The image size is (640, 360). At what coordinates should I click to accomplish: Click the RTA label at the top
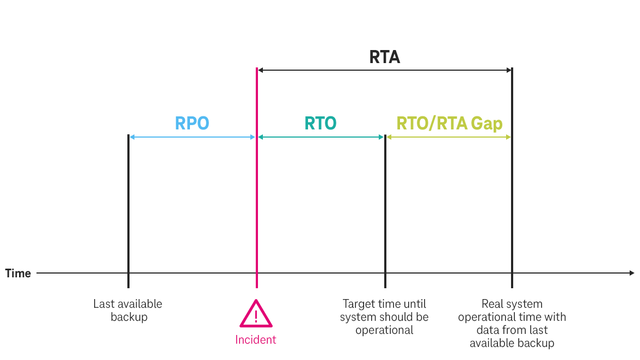pyautogui.click(x=384, y=57)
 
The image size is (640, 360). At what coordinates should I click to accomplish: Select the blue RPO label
pyautogui.click(x=192, y=123)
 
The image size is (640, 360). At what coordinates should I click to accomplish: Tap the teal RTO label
pyautogui.click(x=321, y=123)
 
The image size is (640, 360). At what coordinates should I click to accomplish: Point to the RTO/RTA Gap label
pyautogui.click(x=449, y=123)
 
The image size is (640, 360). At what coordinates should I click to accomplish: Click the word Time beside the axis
pyautogui.click(x=18, y=273)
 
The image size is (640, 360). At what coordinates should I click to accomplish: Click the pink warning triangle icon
pyautogui.click(x=256, y=314)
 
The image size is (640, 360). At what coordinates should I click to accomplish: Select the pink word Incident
pyautogui.click(x=256, y=340)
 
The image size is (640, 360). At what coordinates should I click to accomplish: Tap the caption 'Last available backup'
pyautogui.click(x=128, y=310)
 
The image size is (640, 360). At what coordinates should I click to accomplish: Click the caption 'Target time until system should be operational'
pyautogui.click(x=384, y=316)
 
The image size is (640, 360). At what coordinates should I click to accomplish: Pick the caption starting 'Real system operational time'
pyautogui.click(x=512, y=323)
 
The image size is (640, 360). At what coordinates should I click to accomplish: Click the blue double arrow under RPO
pyautogui.click(x=192, y=137)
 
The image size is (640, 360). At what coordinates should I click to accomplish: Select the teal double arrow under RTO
pyautogui.click(x=321, y=137)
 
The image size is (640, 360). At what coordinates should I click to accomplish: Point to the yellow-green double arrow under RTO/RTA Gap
pyautogui.click(x=449, y=137)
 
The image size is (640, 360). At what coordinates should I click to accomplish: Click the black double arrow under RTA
pyautogui.click(x=384, y=70)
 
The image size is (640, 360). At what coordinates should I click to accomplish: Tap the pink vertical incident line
pyautogui.click(x=256, y=207)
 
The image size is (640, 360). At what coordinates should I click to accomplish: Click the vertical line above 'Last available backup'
pyautogui.click(x=128, y=207)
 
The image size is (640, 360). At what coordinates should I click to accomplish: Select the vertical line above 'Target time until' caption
pyautogui.click(x=385, y=207)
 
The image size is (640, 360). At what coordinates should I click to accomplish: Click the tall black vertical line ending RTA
pyautogui.click(x=512, y=207)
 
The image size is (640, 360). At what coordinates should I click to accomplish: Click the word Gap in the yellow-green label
pyautogui.click(x=487, y=123)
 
